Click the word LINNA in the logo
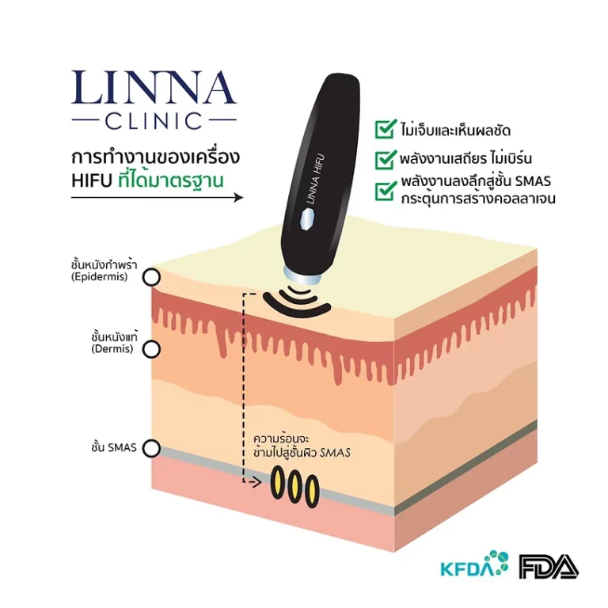[154, 87]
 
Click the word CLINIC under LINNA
[154, 120]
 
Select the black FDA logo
[549, 567]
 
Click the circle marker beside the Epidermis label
[151, 277]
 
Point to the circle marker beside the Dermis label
[151, 349]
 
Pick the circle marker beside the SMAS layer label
[151, 448]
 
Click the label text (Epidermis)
[99, 277]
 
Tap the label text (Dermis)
[112, 348]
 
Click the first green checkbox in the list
[386, 129]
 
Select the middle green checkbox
[386, 159]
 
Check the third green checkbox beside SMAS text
[386, 190]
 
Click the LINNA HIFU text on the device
[315, 179]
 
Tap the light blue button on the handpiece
[307, 220]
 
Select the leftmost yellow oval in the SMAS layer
[278, 482]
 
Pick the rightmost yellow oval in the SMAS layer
[312, 492]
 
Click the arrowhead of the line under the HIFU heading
[237, 197]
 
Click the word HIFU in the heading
[92, 181]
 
